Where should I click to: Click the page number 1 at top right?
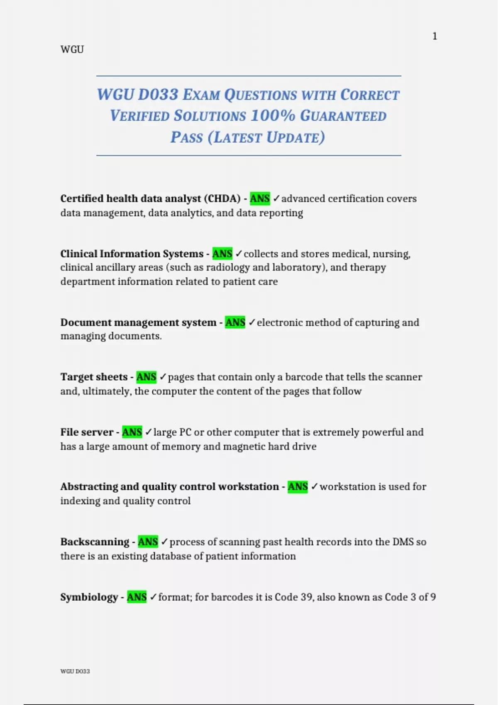coord(435,36)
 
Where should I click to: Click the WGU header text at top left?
coord(72,49)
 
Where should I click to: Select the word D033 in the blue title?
coord(158,95)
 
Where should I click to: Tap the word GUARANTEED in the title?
coord(343,116)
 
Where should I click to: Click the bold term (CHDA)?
coord(222,199)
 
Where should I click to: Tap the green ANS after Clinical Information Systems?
coord(222,253)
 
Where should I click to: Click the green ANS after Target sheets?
coord(146,377)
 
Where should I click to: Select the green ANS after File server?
coord(132,432)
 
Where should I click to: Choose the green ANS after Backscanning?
coord(148,542)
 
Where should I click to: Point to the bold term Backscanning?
coord(95,542)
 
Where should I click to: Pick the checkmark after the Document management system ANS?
coord(252,322)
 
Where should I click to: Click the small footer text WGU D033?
coord(75,671)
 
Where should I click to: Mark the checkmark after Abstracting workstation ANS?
coord(314,486)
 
